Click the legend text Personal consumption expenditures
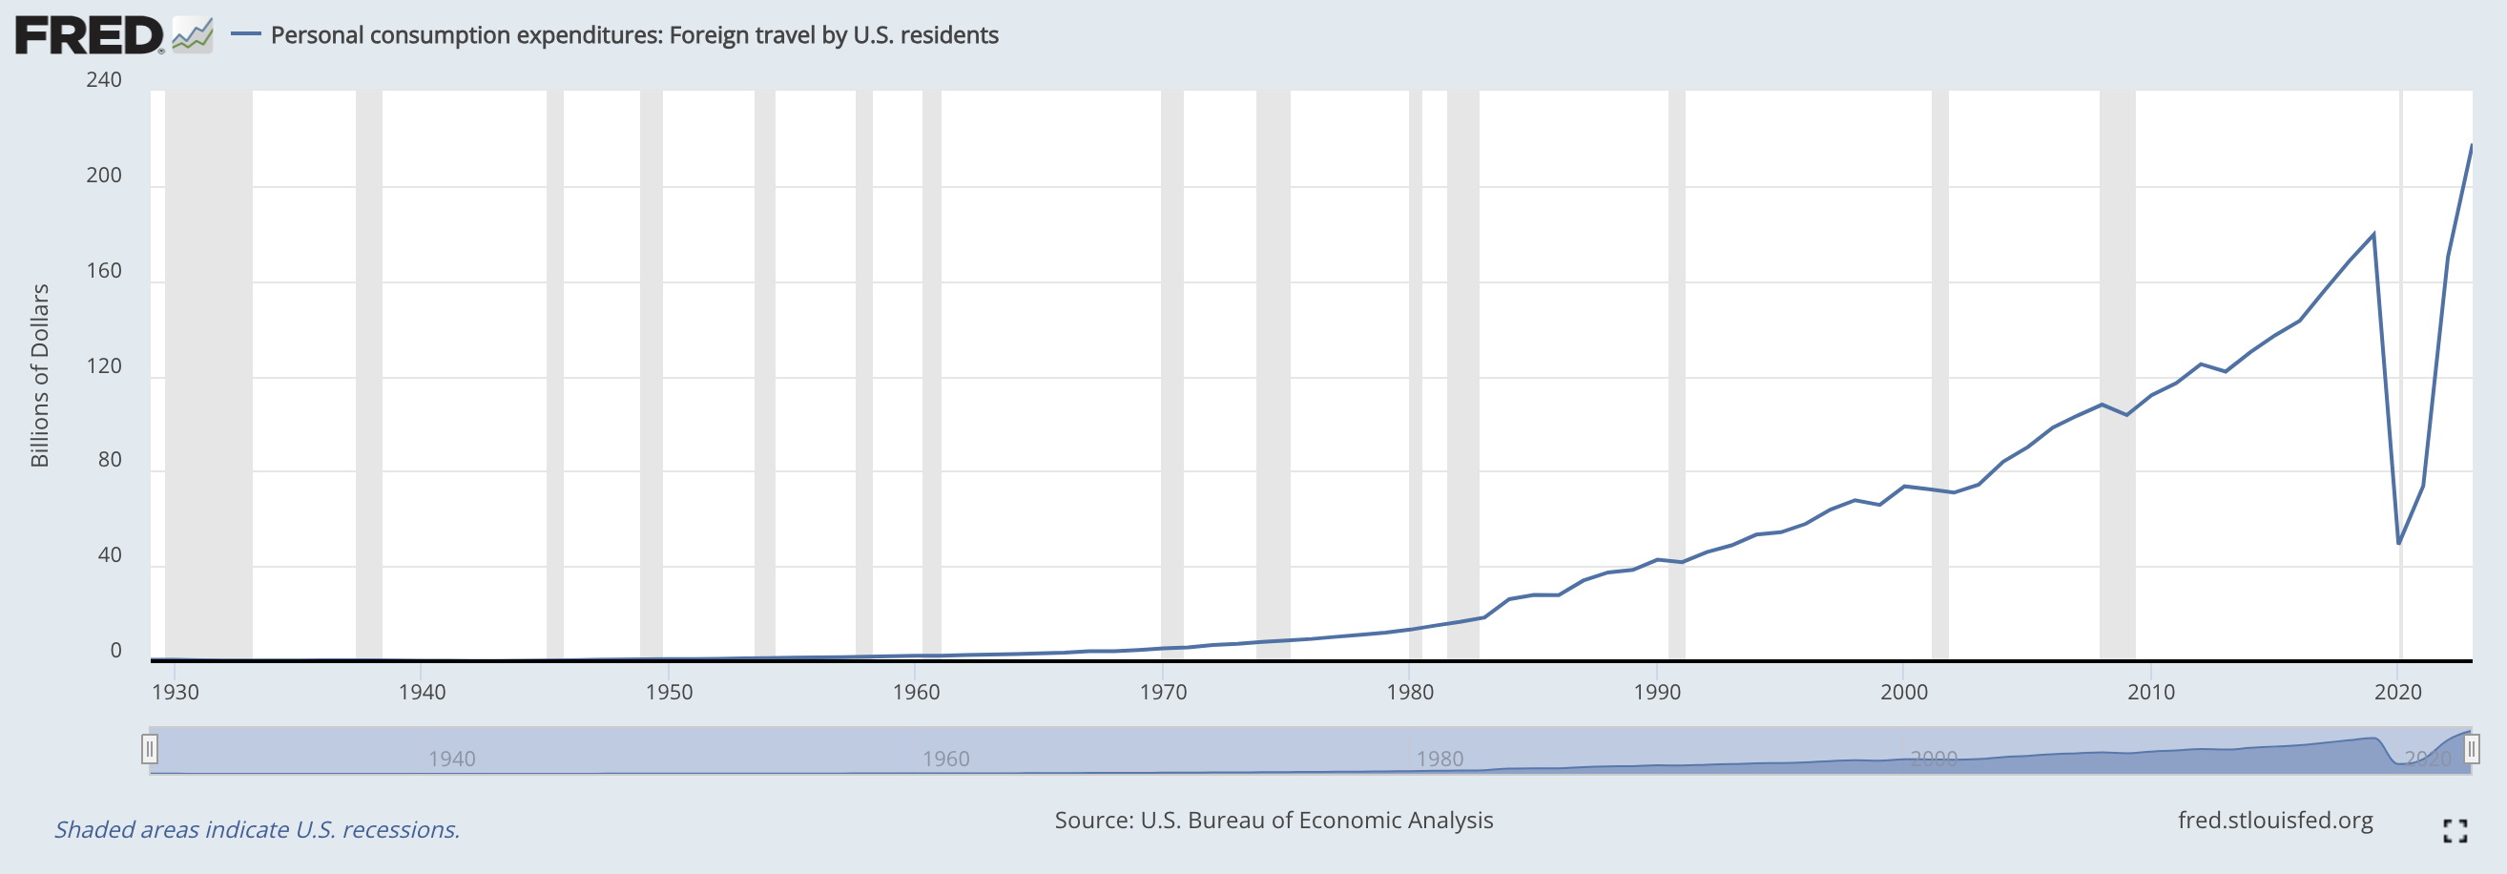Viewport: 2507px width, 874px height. click(462, 35)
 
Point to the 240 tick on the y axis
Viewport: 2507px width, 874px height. click(104, 80)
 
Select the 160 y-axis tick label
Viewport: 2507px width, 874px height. click(104, 271)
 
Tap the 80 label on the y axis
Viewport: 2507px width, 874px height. click(110, 459)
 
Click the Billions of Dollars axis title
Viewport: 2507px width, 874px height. click(40, 376)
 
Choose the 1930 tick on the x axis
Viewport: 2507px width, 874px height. click(176, 692)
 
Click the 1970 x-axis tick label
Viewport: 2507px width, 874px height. click(1163, 692)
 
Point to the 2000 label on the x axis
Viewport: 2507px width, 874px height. click(1903, 692)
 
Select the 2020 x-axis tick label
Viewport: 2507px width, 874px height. click(2398, 692)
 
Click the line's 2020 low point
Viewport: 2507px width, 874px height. click(2399, 543)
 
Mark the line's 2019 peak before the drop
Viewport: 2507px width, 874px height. click(2374, 234)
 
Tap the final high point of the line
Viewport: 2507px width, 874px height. click(2472, 145)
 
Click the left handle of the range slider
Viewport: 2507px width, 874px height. click(149, 749)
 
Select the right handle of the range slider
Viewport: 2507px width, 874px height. click(2471, 749)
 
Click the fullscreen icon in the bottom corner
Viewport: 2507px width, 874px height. click(2455, 830)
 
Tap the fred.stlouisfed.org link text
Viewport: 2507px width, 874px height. click(2275, 821)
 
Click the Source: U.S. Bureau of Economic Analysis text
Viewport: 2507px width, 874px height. click(1274, 821)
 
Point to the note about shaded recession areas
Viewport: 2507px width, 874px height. click(257, 829)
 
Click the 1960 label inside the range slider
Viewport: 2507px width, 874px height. click(946, 760)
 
